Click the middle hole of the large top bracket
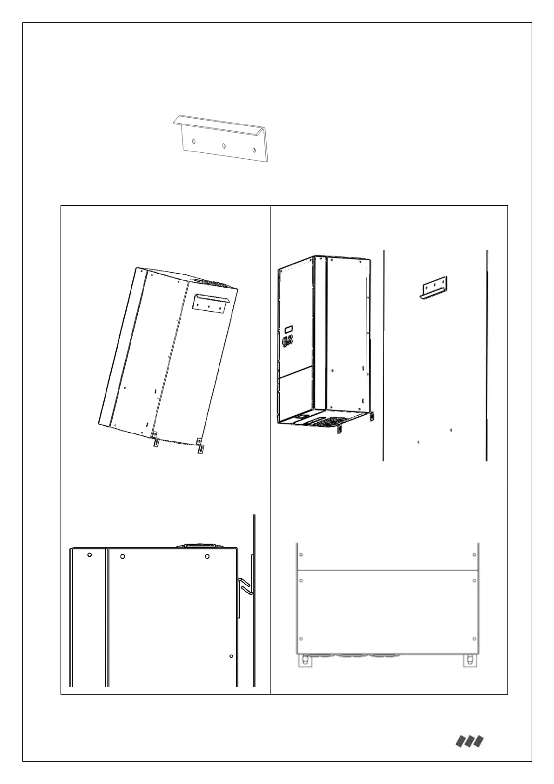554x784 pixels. (x=224, y=146)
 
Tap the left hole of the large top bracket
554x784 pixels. (x=193, y=142)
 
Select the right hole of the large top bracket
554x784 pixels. (x=254, y=150)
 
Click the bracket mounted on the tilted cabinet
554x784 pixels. (x=210, y=303)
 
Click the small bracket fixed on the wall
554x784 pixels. (x=434, y=287)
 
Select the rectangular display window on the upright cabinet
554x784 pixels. (x=288, y=328)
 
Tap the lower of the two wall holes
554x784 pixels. (x=419, y=442)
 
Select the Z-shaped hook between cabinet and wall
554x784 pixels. (x=246, y=585)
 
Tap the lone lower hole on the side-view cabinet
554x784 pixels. (x=231, y=656)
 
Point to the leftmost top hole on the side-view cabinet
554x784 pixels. (x=89, y=555)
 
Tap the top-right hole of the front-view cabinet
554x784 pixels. (x=474, y=554)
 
